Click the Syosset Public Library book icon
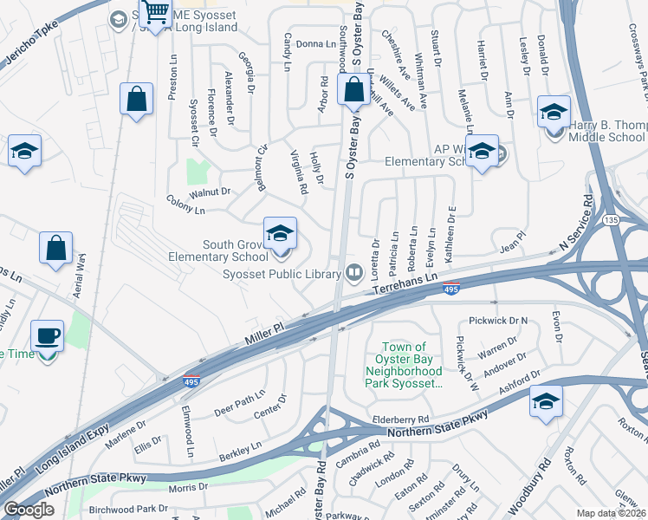click(x=353, y=274)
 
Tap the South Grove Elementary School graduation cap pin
click(x=280, y=235)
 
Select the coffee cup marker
click(x=47, y=335)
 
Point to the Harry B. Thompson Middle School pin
click(x=554, y=114)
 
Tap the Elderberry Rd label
click(x=401, y=419)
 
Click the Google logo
click(x=29, y=509)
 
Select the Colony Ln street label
click(x=186, y=210)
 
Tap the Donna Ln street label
click(x=315, y=43)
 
